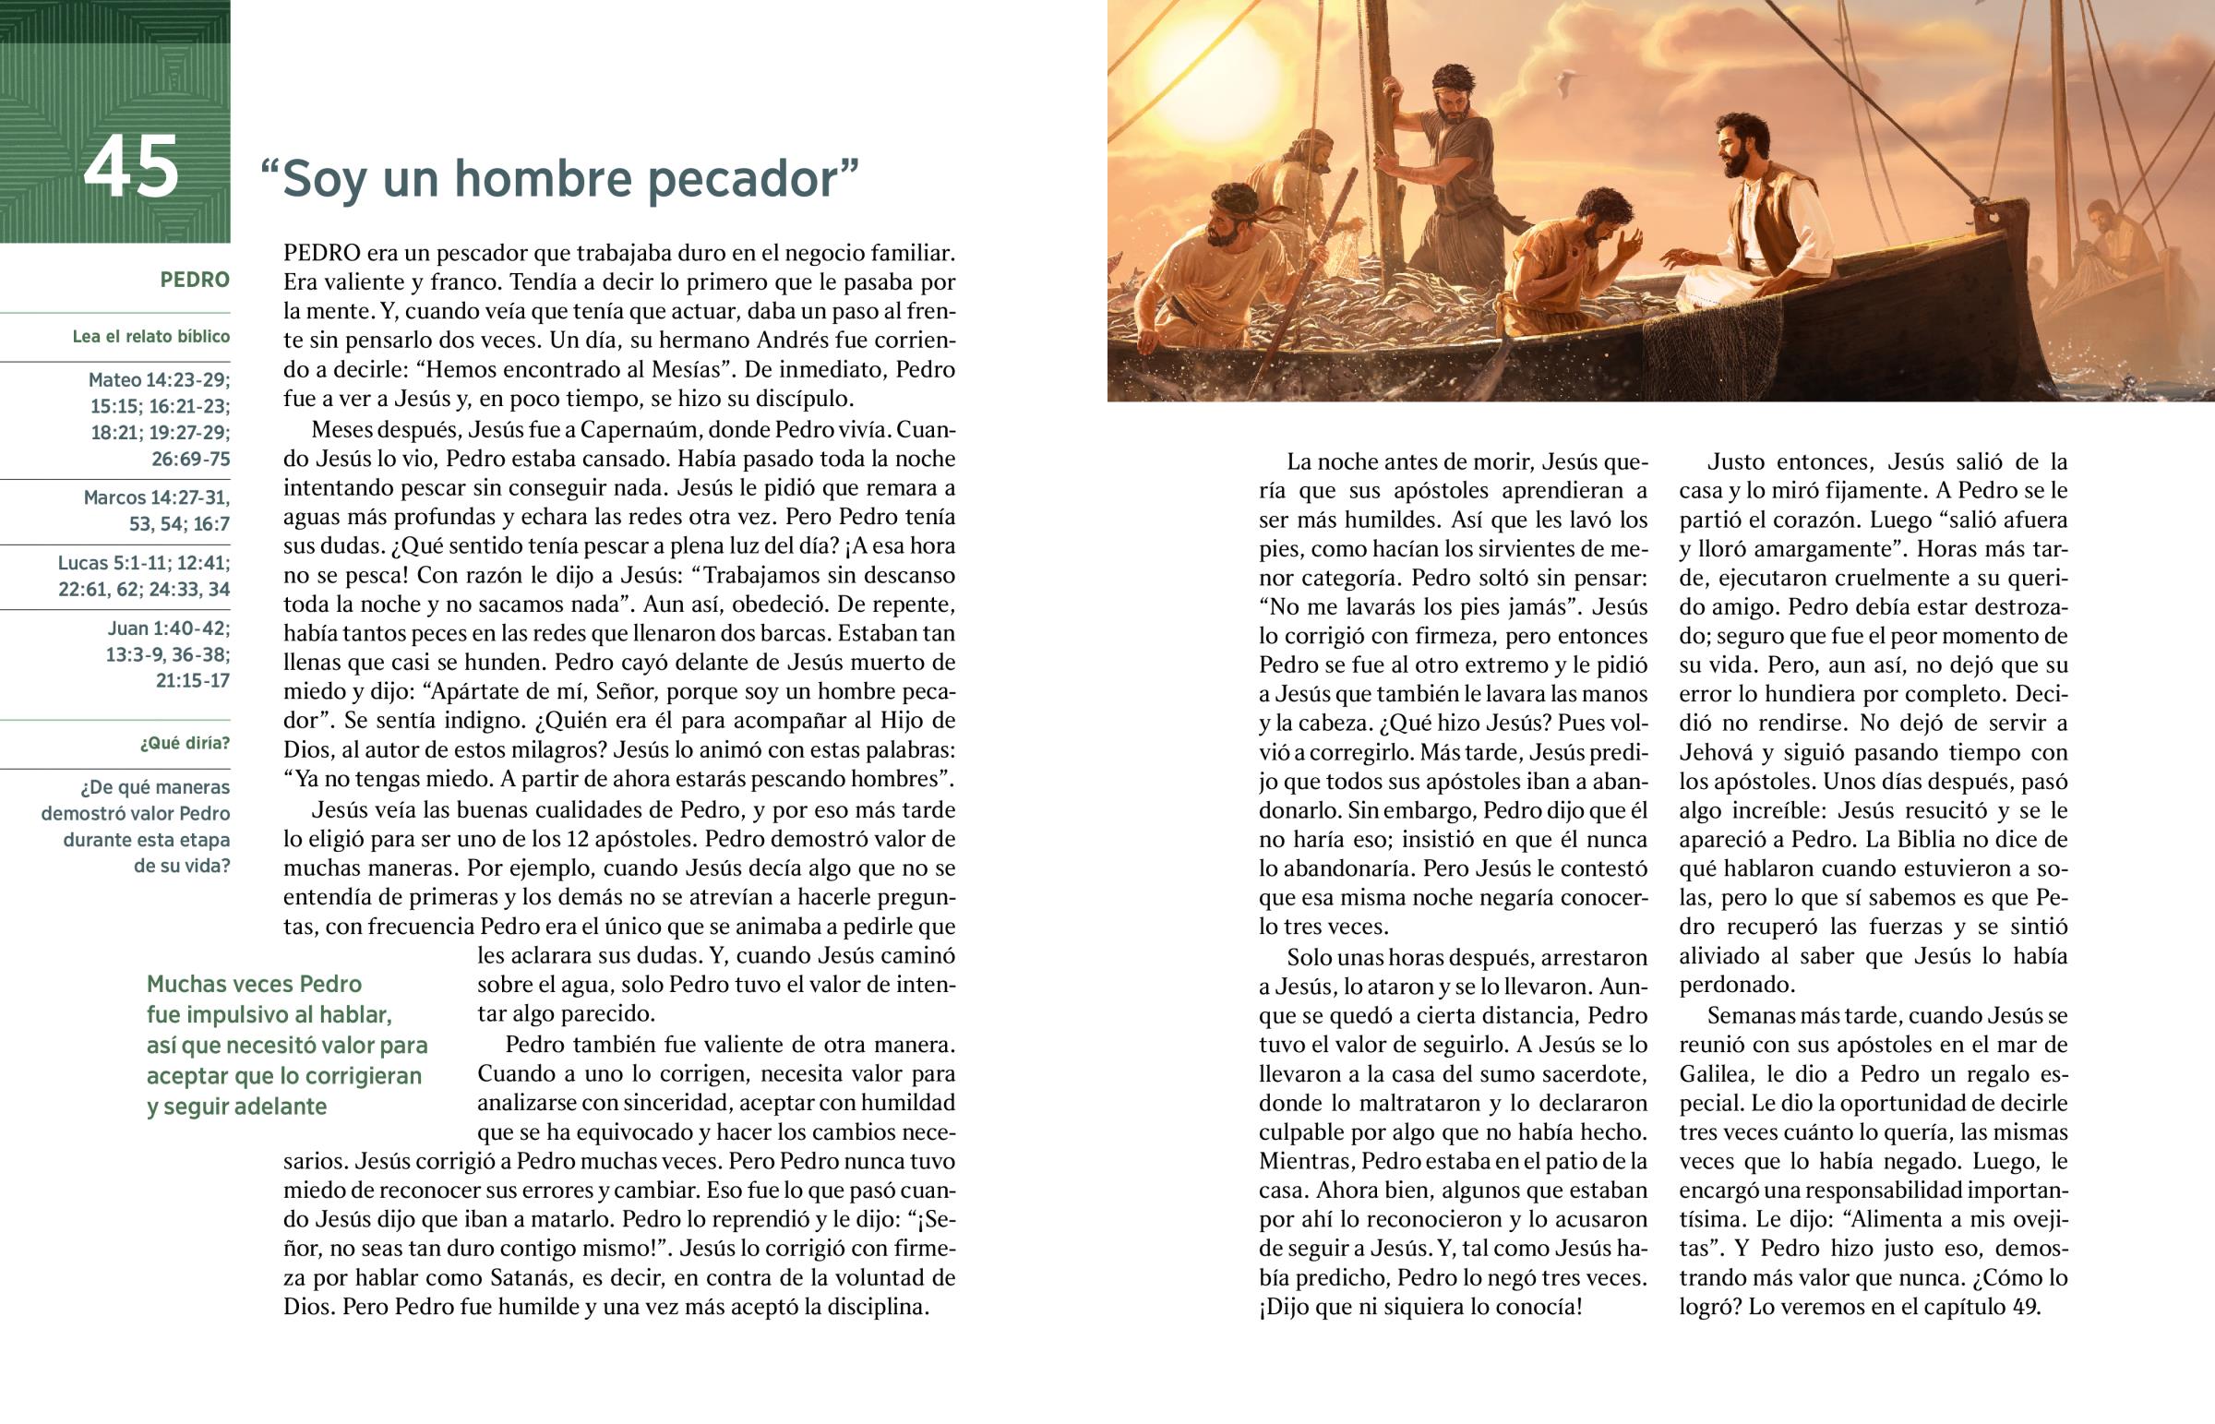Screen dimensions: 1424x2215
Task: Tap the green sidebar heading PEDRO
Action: pos(194,280)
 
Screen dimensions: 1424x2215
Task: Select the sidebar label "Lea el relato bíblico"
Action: pos(150,337)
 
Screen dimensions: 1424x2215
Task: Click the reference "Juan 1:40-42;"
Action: pos(168,628)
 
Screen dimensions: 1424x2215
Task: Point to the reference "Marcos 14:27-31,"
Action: pos(156,497)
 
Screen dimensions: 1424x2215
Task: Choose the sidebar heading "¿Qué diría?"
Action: pos(185,744)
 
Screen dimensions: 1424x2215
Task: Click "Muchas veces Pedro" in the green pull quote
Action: pos(254,984)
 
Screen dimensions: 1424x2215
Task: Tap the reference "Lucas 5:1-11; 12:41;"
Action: pos(144,563)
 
